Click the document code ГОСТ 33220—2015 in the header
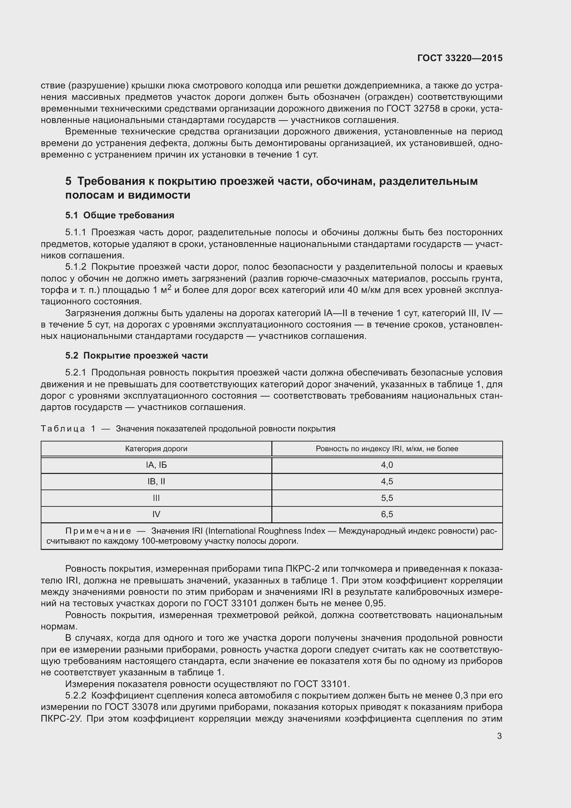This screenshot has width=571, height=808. click(459, 58)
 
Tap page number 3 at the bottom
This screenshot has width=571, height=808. click(499, 736)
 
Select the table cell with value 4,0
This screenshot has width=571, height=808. click(387, 465)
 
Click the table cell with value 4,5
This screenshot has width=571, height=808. click(387, 482)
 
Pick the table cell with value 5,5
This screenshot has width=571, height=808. click(387, 498)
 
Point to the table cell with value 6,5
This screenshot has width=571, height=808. click(387, 514)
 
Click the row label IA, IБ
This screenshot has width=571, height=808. click(156, 465)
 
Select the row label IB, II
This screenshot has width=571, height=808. click(156, 482)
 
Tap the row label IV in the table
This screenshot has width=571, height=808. click(156, 514)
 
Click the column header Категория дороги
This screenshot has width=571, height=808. click(156, 449)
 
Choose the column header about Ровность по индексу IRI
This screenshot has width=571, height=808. click(387, 449)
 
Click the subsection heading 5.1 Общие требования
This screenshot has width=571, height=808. click(119, 215)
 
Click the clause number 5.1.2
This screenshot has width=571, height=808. click(76, 267)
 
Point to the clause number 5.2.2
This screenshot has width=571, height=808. click(76, 696)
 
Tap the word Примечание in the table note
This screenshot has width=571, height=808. click(98, 531)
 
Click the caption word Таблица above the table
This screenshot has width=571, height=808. click(63, 429)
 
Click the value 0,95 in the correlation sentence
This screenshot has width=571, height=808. click(375, 603)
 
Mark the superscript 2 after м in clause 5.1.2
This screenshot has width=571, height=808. click(169, 287)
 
